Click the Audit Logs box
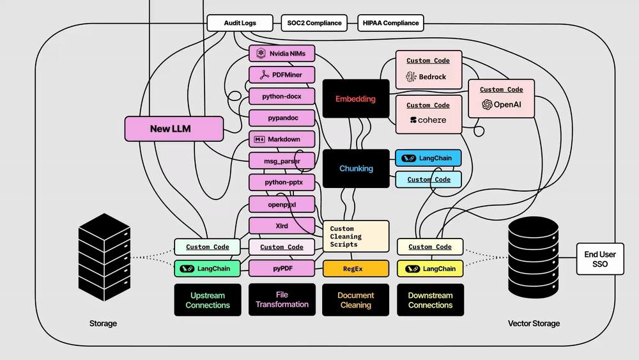tap(240, 23)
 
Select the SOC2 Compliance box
tap(314, 23)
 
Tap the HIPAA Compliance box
tap(390, 23)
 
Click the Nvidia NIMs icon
tap(261, 54)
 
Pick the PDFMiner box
tap(282, 75)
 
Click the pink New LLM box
tap(174, 129)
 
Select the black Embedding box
tap(356, 98)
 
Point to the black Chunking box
tap(356, 168)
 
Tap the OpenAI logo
tap(487, 104)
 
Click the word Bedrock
tap(433, 77)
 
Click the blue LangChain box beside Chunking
tap(428, 158)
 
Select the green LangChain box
tap(207, 269)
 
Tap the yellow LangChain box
tap(430, 269)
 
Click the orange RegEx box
tap(356, 269)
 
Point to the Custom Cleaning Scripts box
tap(356, 237)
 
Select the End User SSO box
tap(600, 259)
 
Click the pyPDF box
tap(282, 269)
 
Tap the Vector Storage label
tap(534, 324)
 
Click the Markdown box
tap(282, 139)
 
